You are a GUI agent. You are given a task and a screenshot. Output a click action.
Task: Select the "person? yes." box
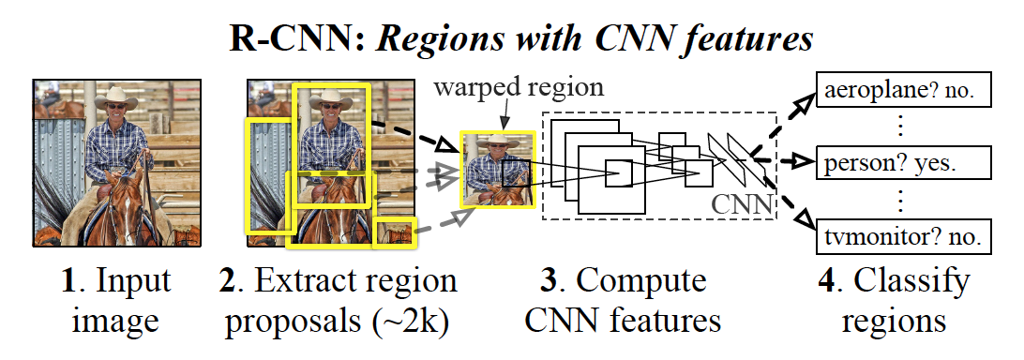[x=903, y=163]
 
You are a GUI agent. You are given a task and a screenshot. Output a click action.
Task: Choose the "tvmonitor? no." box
[x=903, y=236]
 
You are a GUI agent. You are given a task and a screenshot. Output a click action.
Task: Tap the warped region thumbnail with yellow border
[x=497, y=169]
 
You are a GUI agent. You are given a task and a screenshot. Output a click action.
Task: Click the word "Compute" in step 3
[x=648, y=282]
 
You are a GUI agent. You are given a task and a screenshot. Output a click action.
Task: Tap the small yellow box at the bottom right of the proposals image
[x=394, y=232]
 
